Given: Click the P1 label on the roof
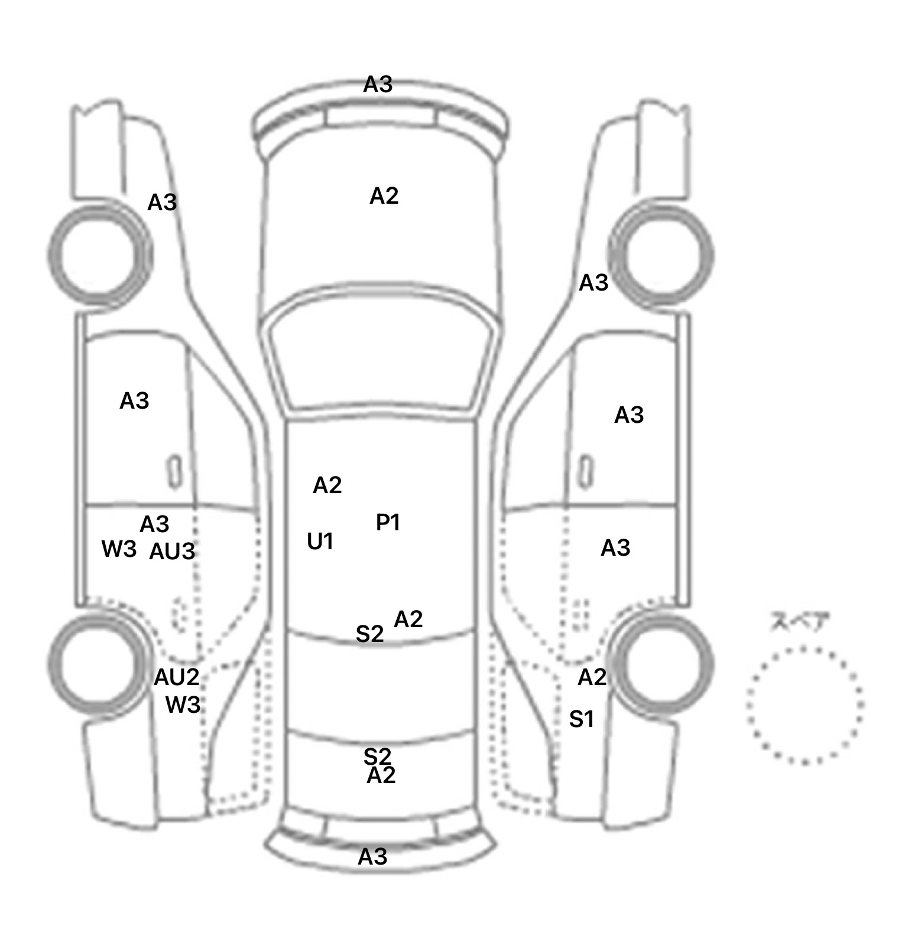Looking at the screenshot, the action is click(388, 523).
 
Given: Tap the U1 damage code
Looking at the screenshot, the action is click(320, 542).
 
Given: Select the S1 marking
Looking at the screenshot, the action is click(582, 719).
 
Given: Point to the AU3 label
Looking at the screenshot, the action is click(172, 552).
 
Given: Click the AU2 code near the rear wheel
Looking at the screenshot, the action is click(177, 677).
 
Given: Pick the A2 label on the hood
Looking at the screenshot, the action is click(384, 196).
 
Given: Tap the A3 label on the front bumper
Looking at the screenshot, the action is click(378, 85).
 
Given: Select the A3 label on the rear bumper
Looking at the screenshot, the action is click(373, 856).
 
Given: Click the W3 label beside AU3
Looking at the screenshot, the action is click(119, 549).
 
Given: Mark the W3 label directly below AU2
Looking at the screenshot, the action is click(183, 705).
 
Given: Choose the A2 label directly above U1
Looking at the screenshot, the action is click(327, 485).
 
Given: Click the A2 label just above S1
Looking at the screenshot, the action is click(592, 677).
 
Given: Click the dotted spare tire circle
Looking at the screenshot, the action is click(747, 706).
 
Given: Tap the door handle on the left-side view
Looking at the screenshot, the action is click(175, 472).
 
